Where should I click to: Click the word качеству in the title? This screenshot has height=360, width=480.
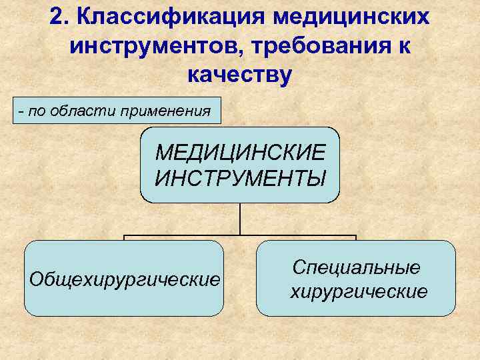(x=240, y=75)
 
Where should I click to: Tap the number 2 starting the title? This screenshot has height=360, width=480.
(x=56, y=17)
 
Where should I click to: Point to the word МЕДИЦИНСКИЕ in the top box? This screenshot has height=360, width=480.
(x=240, y=152)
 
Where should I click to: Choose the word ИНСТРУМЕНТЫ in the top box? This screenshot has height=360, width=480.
(x=240, y=178)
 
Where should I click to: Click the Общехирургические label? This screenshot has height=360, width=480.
(x=124, y=279)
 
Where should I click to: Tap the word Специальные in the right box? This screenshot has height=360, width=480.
(x=356, y=268)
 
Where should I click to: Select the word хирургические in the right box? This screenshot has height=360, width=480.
(x=359, y=291)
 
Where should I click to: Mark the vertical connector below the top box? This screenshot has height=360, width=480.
(x=240, y=219)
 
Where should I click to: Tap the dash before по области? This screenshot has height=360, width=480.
(x=23, y=111)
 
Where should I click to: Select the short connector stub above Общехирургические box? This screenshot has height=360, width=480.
(x=125, y=238)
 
